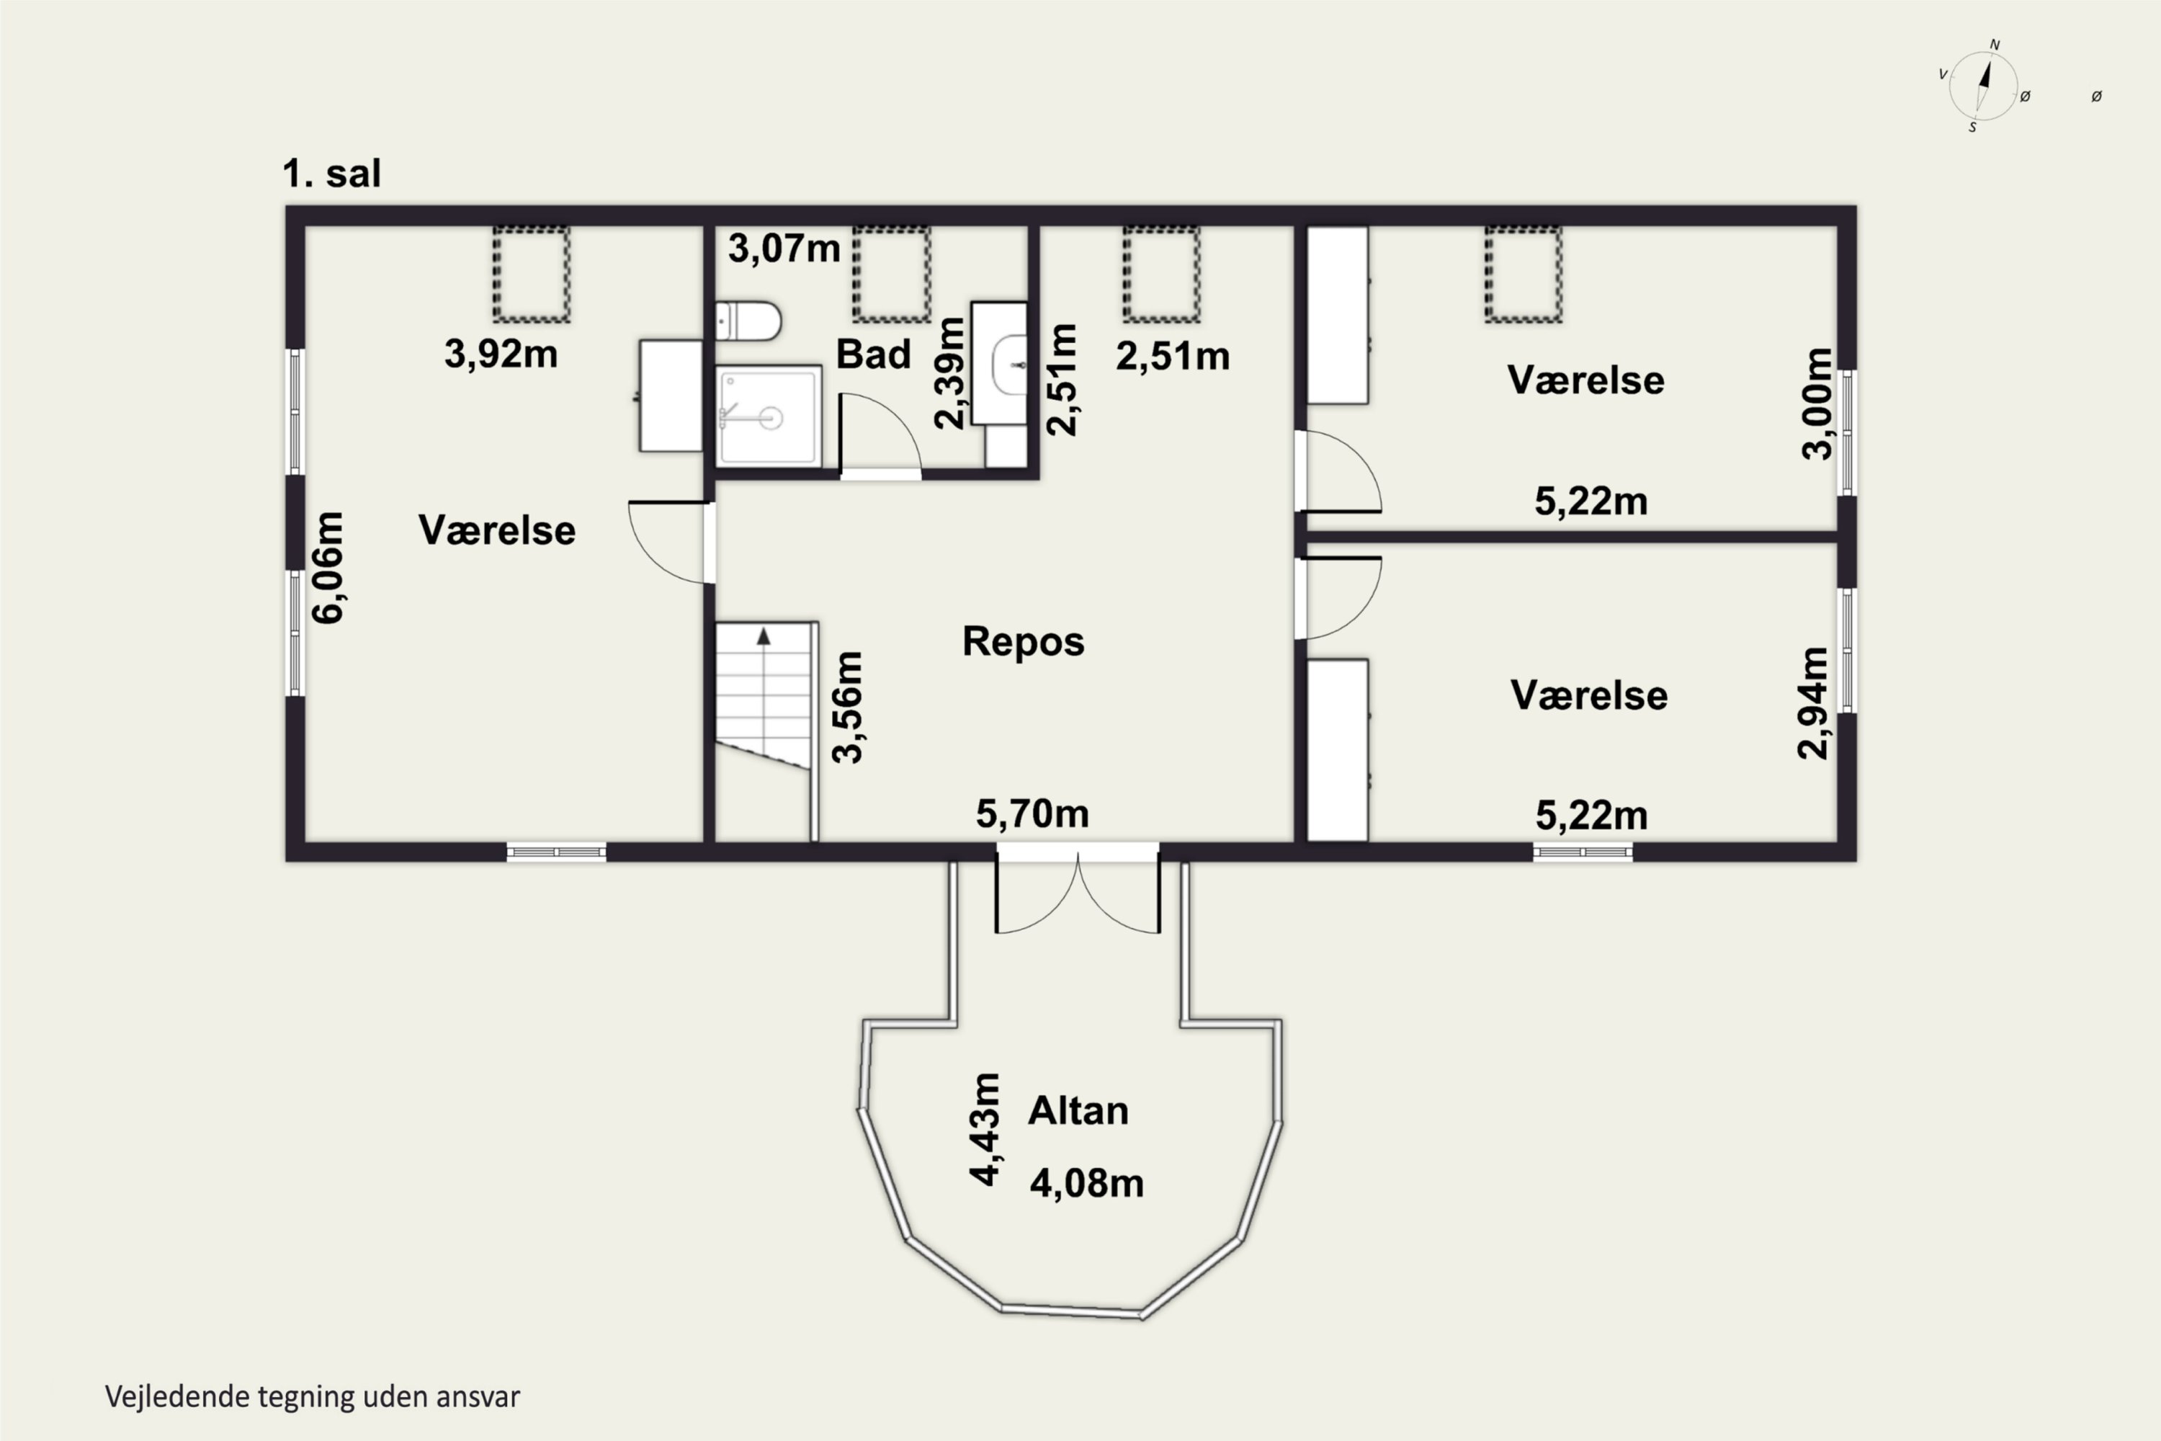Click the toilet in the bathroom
[x=748, y=321]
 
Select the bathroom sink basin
[x=1009, y=365]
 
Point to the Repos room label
[x=1023, y=641]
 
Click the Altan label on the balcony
[x=1078, y=1110]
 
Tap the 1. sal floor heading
[x=331, y=174]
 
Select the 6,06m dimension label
[x=327, y=568]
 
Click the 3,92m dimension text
[x=501, y=354]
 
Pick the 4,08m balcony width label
[x=1087, y=1183]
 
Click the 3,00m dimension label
[x=1817, y=403]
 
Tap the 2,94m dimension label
[x=1813, y=703]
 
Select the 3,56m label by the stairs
[x=847, y=708]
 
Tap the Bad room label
[x=873, y=354]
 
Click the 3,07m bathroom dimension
[x=784, y=248]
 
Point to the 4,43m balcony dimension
[x=984, y=1130]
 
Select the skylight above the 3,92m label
[x=531, y=274]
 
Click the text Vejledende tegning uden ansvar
[x=313, y=1396]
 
